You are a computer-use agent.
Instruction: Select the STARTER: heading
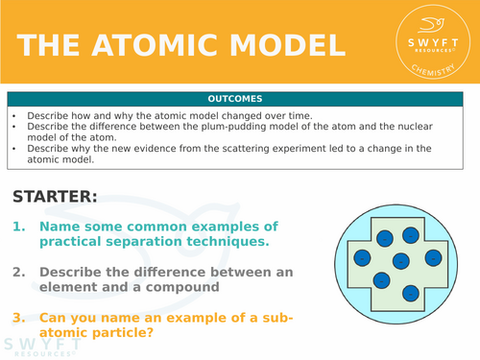(x=55, y=196)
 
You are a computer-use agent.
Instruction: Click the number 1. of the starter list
(x=20, y=227)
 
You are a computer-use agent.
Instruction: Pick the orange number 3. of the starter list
(x=20, y=318)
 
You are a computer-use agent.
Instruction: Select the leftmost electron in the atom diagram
(x=362, y=257)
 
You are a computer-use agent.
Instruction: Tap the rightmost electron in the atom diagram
(x=433, y=257)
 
